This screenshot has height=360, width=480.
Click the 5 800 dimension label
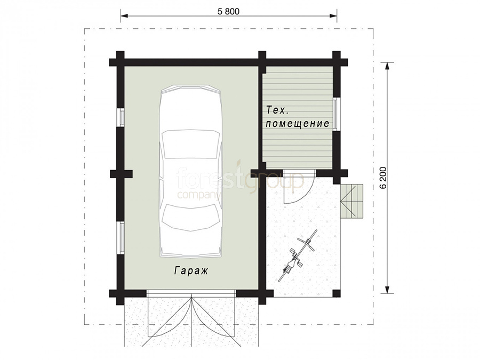tap(228, 12)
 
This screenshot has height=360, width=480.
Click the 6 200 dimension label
tap(384, 178)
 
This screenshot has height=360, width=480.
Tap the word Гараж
tap(191, 271)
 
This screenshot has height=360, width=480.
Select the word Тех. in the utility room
tap(276, 110)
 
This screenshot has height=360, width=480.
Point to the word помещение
tap(297, 124)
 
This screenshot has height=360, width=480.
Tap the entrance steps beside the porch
tap(352, 202)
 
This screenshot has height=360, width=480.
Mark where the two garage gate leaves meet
tap(191, 297)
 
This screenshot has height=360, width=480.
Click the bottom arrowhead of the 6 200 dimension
tap(387, 289)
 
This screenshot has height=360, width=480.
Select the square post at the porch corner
tap(337, 293)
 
